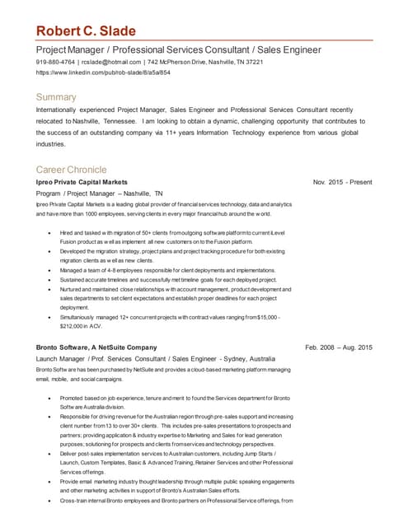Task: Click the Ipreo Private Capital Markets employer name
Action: (x=82, y=182)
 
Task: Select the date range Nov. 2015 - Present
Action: (x=343, y=182)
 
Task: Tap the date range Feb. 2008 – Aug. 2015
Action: (x=339, y=347)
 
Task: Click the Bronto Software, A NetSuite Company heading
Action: (x=96, y=347)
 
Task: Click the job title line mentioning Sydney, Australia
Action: (x=155, y=360)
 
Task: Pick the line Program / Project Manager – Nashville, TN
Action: (x=100, y=194)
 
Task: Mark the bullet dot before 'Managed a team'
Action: (x=52, y=269)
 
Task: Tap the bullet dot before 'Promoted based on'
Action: (x=52, y=399)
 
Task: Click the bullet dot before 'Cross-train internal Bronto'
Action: (x=52, y=500)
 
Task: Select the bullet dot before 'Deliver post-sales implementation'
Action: (x=52, y=454)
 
